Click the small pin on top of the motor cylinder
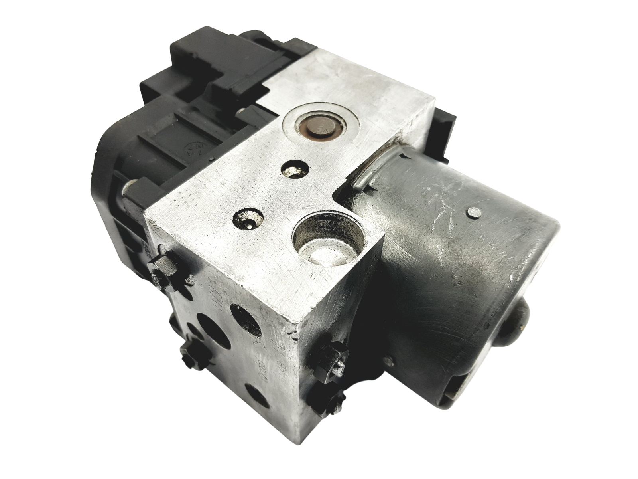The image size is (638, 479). pyautogui.click(x=473, y=214)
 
